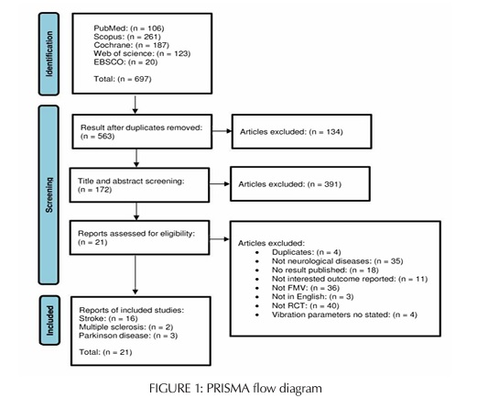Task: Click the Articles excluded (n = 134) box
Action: [301, 132]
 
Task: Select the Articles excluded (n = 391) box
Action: [301, 184]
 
